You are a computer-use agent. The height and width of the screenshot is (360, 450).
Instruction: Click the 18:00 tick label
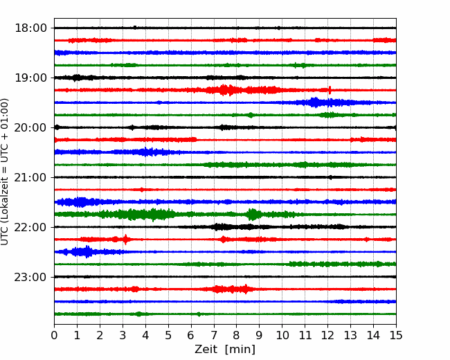30,28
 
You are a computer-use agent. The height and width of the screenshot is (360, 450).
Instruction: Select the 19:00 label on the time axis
30,78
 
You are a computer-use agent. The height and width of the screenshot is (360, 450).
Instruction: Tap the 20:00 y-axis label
30,127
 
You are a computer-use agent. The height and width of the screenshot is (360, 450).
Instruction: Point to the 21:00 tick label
30,177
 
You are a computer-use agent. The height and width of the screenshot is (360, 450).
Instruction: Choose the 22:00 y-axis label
30,227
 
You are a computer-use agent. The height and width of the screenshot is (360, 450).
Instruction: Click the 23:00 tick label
30,277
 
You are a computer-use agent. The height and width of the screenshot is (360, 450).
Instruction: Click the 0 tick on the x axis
54,335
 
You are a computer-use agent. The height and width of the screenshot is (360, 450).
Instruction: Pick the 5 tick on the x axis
168,335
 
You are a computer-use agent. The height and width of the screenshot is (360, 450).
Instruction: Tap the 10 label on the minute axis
282,335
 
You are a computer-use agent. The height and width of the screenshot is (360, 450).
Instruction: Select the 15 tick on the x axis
396,335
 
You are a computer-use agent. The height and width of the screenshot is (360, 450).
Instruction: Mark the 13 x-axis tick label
350,335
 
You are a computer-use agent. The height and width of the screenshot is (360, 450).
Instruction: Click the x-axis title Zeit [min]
225,350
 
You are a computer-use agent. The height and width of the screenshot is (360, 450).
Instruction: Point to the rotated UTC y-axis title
4,172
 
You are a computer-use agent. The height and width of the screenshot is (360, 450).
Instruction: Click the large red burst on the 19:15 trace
224,90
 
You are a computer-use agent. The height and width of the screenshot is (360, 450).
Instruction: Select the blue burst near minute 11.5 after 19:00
315,102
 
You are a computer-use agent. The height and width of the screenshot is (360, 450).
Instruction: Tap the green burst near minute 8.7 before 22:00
253,215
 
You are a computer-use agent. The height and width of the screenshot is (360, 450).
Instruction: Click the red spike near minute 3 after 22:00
125,239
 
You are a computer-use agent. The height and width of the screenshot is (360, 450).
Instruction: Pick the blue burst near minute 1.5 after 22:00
86,252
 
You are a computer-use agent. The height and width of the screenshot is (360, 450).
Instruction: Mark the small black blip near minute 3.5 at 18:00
135,28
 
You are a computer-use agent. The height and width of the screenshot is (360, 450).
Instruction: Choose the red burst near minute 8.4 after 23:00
246,289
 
